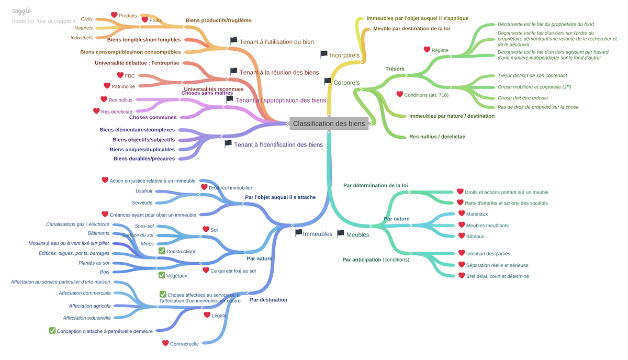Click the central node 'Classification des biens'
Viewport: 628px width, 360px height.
329,124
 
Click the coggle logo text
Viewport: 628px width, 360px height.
21,11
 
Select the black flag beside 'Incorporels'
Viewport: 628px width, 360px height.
324,54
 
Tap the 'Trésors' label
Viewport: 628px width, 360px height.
395,69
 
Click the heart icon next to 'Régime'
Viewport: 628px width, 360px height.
427,50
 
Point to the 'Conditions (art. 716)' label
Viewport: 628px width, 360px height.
426,95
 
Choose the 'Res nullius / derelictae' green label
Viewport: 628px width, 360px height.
437,137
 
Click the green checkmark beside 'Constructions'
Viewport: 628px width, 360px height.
162,251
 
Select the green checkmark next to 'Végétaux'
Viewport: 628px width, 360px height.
162,275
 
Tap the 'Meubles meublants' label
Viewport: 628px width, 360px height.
487,226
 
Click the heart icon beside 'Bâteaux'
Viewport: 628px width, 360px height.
462,236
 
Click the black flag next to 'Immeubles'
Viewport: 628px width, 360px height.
298,233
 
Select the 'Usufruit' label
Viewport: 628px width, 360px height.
144,191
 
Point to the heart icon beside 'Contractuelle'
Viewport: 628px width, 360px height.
165,343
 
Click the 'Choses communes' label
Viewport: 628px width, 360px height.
153,117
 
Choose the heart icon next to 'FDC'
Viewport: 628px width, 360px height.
120,75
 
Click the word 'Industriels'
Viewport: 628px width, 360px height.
82,38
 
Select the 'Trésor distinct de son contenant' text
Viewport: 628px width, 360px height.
532,76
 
